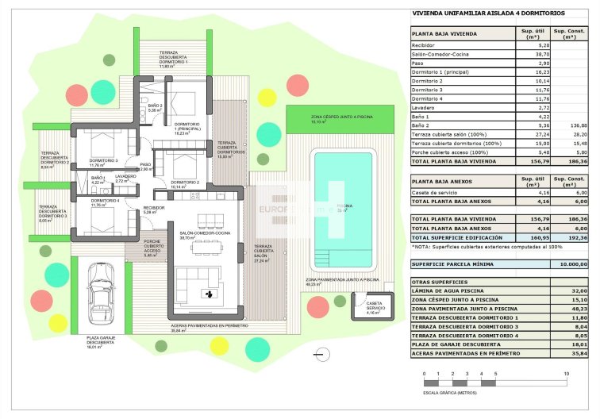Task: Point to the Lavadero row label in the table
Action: click(x=426, y=107)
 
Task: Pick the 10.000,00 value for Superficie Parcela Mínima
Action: click(x=571, y=263)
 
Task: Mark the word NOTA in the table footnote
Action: click(x=421, y=248)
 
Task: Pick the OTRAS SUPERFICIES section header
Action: click(x=440, y=282)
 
